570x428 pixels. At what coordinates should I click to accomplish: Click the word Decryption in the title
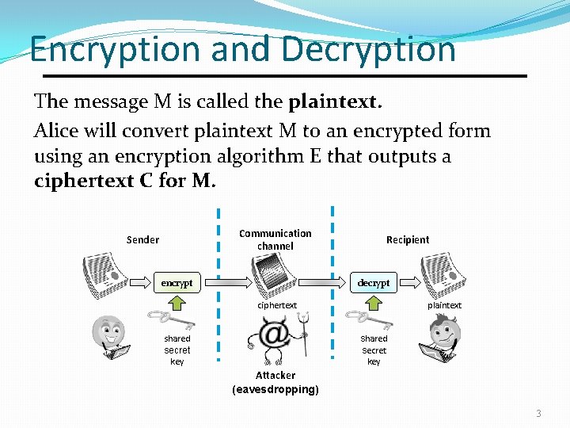point(368,49)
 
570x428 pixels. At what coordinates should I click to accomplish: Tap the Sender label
point(142,239)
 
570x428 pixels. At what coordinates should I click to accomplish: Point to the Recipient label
point(408,239)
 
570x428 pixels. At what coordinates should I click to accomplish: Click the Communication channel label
point(275,239)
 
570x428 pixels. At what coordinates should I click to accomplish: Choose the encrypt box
point(177,282)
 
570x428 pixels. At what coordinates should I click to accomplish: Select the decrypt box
point(374,282)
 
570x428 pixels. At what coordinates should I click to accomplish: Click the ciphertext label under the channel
point(277,305)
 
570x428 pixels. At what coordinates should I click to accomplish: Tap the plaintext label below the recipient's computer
point(444,305)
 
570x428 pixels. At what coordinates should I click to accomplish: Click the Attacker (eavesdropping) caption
point(275,382)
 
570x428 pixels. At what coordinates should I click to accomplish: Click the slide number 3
point(538,413)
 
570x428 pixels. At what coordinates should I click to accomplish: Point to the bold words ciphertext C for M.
point(124,181)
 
